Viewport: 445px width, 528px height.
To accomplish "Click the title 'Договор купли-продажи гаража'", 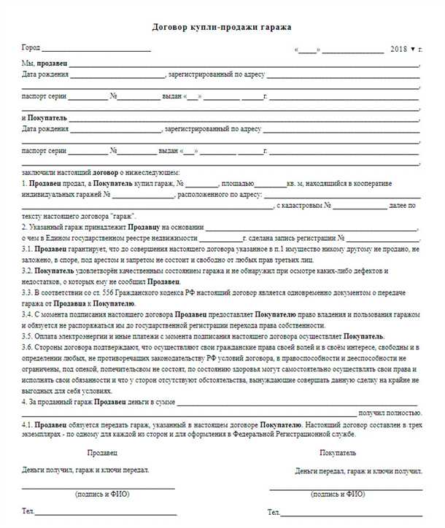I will pos(222,27).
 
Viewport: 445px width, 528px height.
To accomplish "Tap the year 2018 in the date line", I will pos(400,49).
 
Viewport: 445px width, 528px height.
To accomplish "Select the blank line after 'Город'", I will pos(96,50).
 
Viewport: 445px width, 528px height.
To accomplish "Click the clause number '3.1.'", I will pos(27,249).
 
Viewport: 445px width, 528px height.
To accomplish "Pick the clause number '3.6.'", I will pos(28,348).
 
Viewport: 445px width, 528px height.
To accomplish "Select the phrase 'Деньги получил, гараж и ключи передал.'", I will pos(86,470).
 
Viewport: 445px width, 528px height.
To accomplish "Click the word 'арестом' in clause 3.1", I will pos(160,259).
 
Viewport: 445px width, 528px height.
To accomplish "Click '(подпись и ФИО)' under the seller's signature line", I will pos(97,494).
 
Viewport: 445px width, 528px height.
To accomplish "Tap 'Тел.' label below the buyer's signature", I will pos(274,513).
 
